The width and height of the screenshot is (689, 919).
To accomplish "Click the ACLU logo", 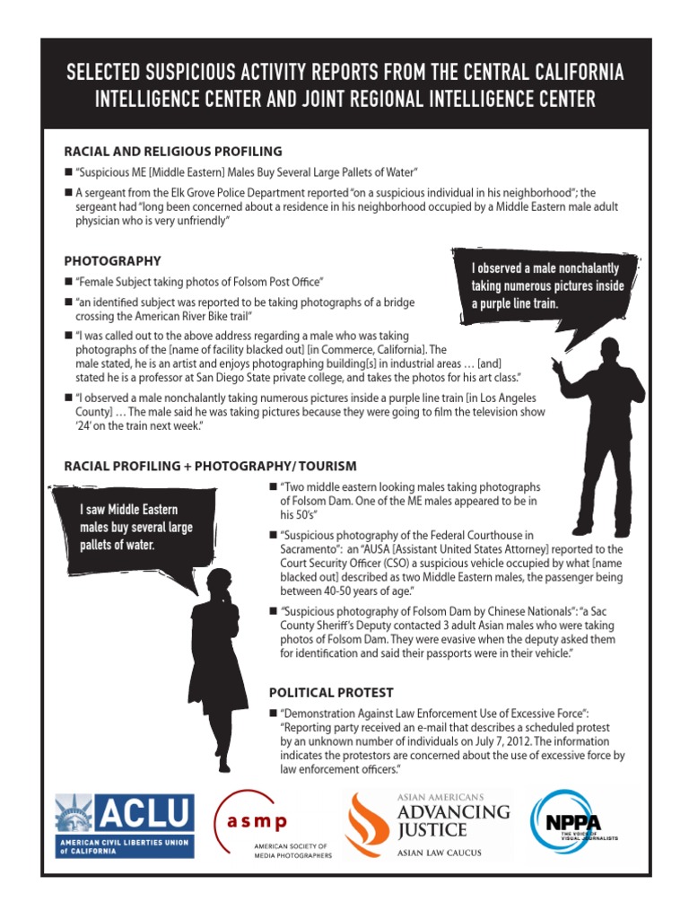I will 125,825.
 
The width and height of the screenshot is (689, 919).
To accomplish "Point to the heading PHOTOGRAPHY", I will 112,261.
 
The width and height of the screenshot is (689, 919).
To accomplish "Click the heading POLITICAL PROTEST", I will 331,692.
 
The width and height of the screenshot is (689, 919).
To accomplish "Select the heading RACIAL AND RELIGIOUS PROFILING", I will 173,151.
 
